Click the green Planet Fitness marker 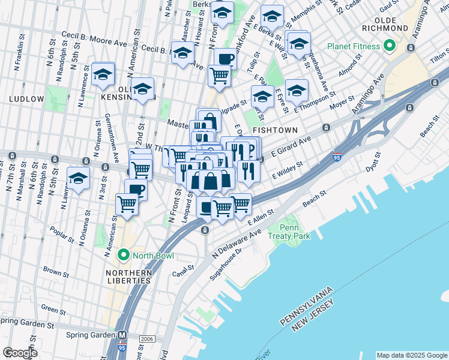(390, 46)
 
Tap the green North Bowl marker (124, 256)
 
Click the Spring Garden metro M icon (122, 335)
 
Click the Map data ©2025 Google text (411, 355)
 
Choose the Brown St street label (56, 272)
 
